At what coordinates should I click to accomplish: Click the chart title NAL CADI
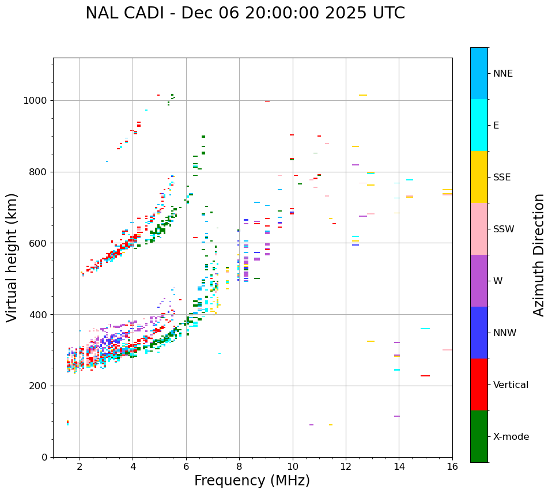tap(245, 13)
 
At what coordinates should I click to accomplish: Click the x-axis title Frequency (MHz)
tap(252, 481)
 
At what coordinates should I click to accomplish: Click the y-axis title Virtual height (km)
tap(12, 258)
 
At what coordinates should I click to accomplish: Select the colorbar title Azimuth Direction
tap(539, 255)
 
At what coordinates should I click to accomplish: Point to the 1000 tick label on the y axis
tap(36, 100)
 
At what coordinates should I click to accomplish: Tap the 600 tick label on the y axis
tap(39, 243)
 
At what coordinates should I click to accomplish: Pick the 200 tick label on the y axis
tap(39, 386)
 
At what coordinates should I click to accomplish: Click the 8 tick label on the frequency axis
tap(240, 466)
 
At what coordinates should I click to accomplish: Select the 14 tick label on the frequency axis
tap(399, 466)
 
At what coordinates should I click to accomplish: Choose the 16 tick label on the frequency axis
tap(452, 466)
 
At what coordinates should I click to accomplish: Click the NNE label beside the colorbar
tap(502, 74)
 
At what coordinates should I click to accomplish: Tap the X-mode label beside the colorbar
tap(511, 437)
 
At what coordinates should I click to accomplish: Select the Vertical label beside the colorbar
tap(511, 385)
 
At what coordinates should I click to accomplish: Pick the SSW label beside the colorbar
tap(504, 229)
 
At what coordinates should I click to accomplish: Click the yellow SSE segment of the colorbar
tap(479, 177)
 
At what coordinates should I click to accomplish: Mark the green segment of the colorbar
tap(479, 436)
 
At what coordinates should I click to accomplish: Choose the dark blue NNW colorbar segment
tap(479, 333)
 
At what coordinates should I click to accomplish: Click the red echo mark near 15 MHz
tap(425, 376)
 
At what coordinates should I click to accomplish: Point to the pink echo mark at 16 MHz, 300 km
tap(447, 350)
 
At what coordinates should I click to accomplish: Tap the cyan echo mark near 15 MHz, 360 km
tap(425, 329)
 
